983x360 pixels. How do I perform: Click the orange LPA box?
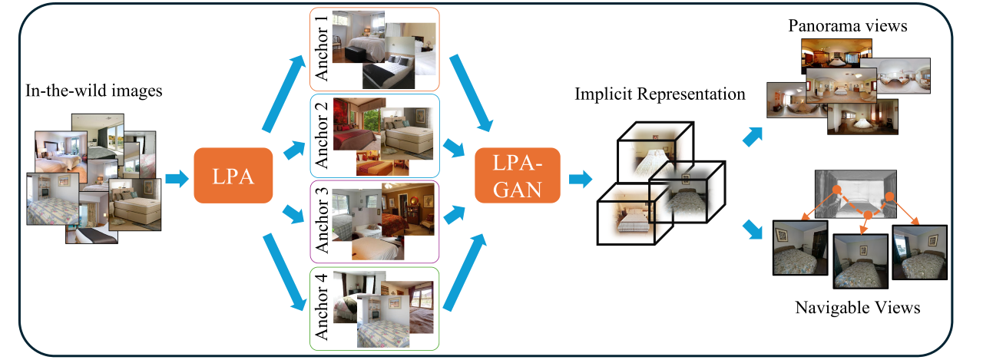(233, 176)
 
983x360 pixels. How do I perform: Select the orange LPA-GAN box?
(518, 176)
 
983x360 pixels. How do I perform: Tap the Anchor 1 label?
(321, 48)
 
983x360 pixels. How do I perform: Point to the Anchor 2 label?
(321, 136)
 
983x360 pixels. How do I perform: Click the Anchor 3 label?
(321, 220)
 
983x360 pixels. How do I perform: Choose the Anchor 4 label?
(321, 307)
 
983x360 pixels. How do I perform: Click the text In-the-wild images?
(94, 91)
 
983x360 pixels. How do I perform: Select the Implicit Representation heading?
(660, 94)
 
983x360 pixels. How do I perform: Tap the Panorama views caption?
(847, 25)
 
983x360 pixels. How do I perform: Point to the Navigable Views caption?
(858, 307)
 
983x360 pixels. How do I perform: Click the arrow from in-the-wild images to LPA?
(177, 179)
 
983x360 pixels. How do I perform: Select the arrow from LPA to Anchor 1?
(284, 93)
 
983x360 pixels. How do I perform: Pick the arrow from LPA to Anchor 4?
(285, 272)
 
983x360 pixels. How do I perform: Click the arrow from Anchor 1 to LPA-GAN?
(472, 93)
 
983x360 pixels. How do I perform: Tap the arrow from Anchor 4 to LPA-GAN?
(465, 272)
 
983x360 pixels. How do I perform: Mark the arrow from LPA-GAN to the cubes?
(581, 179)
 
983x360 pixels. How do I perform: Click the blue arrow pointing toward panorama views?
(753, 137)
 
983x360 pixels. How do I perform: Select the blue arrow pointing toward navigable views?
(753, 230)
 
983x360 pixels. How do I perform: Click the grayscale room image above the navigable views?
(856, 193)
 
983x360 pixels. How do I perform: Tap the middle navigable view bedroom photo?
(861, 261)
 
